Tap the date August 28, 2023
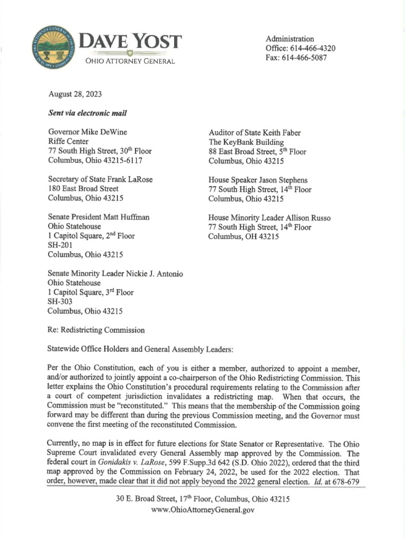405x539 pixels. pyautogui.click(x=75, y=95)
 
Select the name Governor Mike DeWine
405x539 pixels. pyautogui.click(x=88, y=132)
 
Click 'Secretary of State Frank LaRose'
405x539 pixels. pyautogui.click(x=100, y=179)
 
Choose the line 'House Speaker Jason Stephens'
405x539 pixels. pyautogui.click(x=258, y=180)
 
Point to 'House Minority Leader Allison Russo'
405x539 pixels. pyautogui.click(x=269, y=218)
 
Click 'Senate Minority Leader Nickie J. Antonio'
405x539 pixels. pyautogui.click(x=115, y=273)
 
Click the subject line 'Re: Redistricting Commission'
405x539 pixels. pyautogui.click(x=96, y=331)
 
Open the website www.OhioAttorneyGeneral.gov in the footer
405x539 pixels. pyautogui.click(x=202, y=510)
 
